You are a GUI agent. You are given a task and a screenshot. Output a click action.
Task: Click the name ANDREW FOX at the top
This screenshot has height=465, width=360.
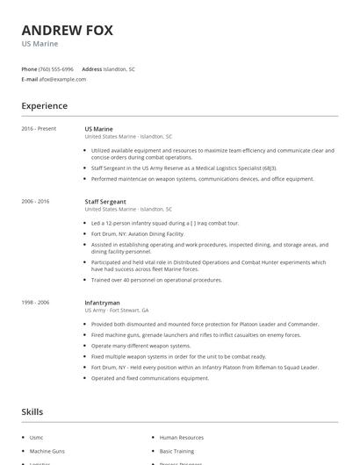point(67,31)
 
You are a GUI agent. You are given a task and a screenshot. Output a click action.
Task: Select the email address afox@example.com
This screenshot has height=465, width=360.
point(62,79)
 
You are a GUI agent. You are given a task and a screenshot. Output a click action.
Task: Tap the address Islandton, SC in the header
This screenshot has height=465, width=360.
point(119,68)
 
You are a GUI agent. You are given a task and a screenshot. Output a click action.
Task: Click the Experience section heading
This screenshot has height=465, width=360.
point(45,106)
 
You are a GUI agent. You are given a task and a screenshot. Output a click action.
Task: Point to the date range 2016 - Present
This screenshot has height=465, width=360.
point(39,129)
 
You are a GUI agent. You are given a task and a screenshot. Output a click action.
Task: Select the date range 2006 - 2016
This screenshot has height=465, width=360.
point(36,201)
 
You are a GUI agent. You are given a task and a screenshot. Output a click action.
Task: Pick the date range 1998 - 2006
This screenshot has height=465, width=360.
point(36,302)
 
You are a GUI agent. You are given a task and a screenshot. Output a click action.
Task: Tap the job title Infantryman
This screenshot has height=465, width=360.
point(101,302)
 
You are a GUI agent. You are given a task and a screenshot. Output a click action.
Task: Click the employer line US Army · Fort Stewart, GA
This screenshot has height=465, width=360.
point(117,310)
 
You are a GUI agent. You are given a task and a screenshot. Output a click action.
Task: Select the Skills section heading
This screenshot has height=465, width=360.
point(32,411)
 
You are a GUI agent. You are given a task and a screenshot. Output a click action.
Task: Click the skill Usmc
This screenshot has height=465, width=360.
point(36,437)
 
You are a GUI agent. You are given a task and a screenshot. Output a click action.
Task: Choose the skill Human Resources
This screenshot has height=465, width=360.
point(182,437)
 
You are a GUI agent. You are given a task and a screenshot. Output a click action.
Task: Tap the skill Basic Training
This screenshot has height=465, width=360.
point(177,450)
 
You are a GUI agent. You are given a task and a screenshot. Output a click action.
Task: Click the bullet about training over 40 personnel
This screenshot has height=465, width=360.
point(157,280)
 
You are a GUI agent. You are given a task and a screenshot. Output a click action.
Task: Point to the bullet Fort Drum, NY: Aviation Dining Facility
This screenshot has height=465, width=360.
point(137,233)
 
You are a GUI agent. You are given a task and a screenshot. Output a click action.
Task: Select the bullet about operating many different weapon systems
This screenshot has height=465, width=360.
point(140,346)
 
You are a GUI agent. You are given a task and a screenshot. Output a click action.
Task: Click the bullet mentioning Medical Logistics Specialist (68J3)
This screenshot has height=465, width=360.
point(171,168)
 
